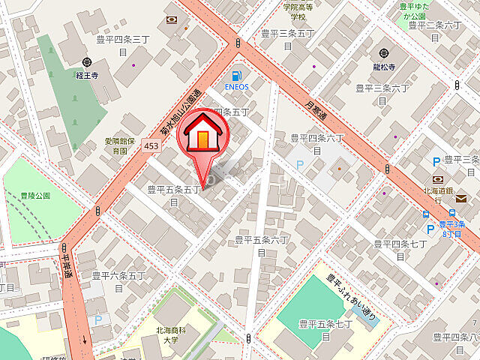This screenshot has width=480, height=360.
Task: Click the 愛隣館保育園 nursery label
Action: tap(119, 145)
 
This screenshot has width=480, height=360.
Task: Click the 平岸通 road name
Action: tap(68, 264)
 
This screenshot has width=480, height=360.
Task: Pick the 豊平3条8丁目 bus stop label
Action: tap(452, 228)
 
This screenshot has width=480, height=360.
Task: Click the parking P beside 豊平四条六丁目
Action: tap(300, 165)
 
